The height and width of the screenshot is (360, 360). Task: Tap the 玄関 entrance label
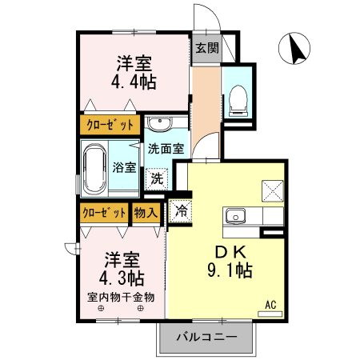pyautogui.click(x=206, y=48)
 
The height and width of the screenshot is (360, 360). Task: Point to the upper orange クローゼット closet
pyautogui.click(x=110, y=125)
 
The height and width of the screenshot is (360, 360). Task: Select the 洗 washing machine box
pyautogui.click(x=156, y=178)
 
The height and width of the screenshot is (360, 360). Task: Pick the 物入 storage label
pyautogui.click(x=146, y=214)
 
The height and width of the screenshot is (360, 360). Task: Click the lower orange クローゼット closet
pyautogui.click(x=104, y=214)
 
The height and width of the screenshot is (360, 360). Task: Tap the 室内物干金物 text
pyautogui.click(x=122, y=298)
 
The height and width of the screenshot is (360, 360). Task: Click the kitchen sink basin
pyautogui.click(x=236, y=216)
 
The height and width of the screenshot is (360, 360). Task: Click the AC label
pyautogui.click(x=270, y=305)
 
